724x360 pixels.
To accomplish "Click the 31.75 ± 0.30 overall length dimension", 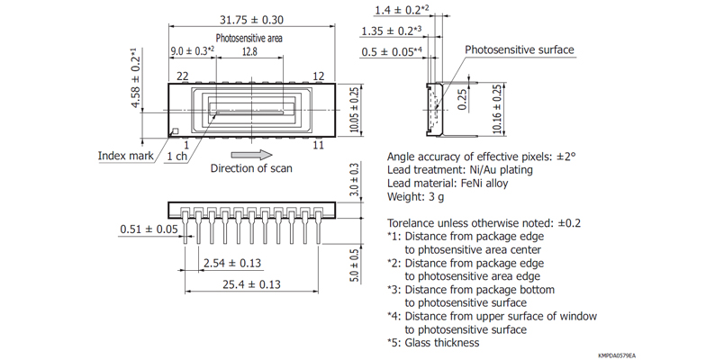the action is [251, 20].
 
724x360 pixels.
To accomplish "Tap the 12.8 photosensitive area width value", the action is [249, 51].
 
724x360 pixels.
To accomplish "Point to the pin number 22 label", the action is [183, 76].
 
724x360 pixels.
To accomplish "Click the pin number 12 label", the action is [319, 76].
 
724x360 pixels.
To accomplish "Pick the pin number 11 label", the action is [318, 145].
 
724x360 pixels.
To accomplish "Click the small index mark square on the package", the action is [176, 131].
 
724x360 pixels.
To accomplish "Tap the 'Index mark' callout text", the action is [125, 156].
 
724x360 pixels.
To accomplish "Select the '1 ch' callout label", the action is [176, 157].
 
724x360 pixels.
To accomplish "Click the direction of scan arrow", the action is [251, 155].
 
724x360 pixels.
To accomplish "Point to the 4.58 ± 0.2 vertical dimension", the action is [135, 77].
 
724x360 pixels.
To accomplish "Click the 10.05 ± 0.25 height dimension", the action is [354, 111].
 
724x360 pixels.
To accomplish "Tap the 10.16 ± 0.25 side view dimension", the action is [497, 110].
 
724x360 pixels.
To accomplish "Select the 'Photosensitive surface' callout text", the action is [520, 49].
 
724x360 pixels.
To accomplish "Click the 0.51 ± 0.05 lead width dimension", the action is [149, 229].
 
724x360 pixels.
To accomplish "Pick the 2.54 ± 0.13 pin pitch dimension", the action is [232, 263].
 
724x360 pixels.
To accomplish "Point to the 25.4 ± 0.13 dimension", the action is [251, 284].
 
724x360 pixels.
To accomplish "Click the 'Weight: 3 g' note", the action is [415, 196].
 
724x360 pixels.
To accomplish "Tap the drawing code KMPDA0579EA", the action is [617, 355].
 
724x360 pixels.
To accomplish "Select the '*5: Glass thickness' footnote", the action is [433, 343].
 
